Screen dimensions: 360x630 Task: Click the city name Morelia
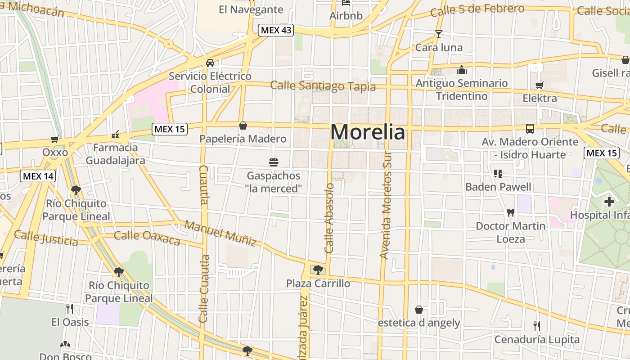368,132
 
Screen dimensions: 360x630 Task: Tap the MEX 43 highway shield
276,30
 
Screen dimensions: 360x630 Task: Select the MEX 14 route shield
38,176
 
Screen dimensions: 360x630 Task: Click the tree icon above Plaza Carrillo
318,270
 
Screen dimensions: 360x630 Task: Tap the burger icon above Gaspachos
273,162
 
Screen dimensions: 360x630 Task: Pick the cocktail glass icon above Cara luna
438,34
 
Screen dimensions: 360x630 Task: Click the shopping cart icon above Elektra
539,85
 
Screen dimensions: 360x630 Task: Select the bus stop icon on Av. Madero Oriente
530,129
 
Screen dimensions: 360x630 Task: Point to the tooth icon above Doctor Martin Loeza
510,212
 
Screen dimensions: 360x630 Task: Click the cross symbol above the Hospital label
609,202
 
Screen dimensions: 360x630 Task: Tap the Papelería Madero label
243,139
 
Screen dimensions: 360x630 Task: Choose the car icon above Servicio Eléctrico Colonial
210,63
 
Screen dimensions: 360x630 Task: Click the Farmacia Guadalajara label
115,154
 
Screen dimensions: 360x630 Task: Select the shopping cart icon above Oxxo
55,139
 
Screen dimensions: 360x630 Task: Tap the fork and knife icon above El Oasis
70,309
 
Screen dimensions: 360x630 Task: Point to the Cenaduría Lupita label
537,339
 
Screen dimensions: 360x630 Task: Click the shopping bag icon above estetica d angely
419,310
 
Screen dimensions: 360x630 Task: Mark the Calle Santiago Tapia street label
323,86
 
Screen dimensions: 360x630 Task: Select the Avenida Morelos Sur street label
386,205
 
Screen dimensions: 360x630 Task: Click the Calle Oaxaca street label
147,238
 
